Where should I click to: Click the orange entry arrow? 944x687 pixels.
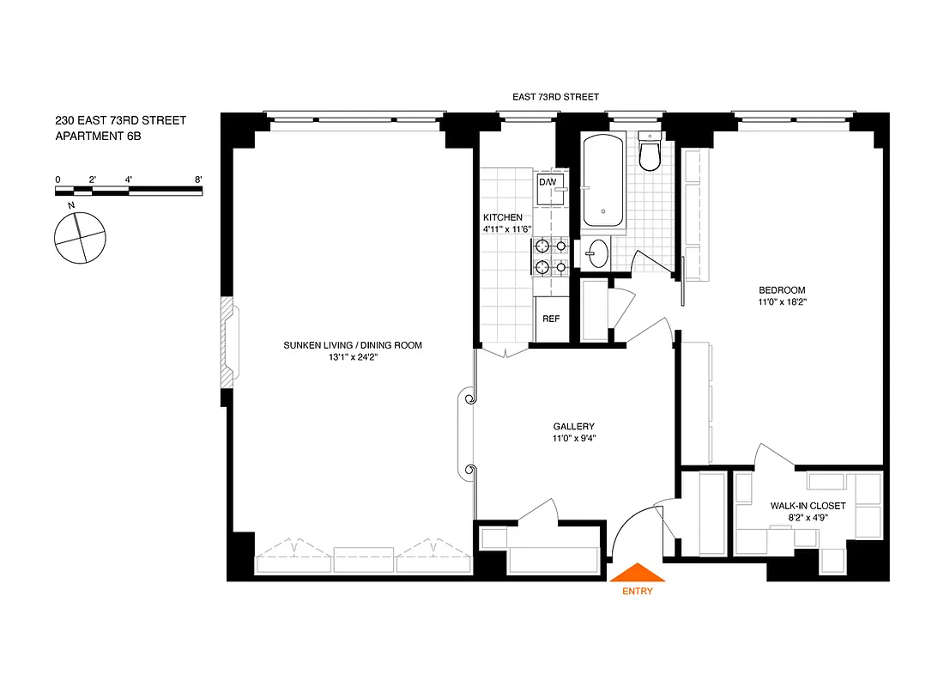point(636,573)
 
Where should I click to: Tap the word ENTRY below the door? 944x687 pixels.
point(636,591)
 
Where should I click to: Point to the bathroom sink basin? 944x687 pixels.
point(598,254)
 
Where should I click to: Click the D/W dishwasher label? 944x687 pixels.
point(548,182)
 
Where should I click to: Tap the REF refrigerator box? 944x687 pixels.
point(550,319)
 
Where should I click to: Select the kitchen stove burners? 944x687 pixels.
point(550,257)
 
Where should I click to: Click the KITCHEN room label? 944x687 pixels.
point(503,217)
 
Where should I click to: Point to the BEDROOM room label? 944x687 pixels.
point(781,289)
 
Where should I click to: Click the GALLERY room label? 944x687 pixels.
point(573,426)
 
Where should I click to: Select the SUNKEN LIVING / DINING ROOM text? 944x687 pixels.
point(353,345)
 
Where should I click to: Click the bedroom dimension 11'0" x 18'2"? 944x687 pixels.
point(781,302)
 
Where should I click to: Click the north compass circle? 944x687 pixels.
point(80,238)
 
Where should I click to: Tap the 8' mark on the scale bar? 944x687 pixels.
point(198,179)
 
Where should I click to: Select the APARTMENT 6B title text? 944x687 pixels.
point(97,136)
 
